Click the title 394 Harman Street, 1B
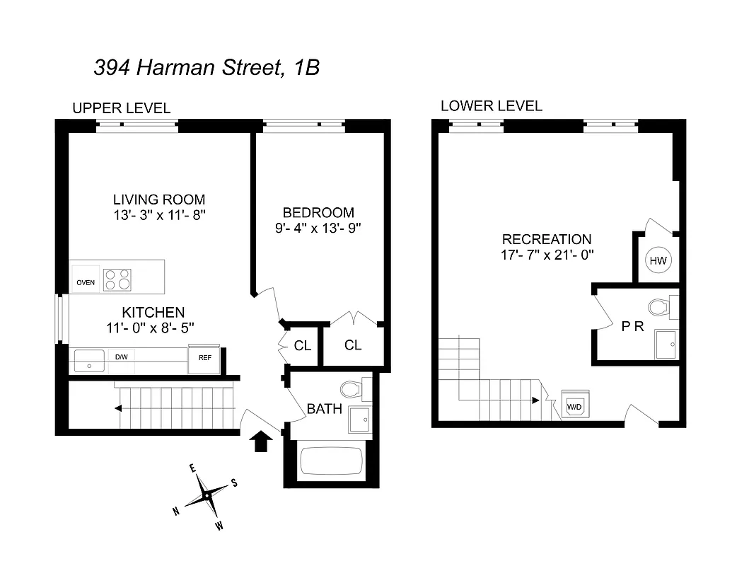tap(207, 68)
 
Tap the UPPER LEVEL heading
tap(121, 108)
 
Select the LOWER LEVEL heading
tap(491, 106)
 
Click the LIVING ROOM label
tap(158, 200)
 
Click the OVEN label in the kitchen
tap(86, 282)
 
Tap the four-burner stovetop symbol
tap(117, 279)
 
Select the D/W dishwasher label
tap(122, 357)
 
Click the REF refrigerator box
tap(204, 358)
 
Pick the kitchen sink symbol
tap(89, 360)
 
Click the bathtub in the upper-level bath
tap(331, 461)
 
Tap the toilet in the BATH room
tap(352, 389)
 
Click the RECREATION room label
tap(547, 239)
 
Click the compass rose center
tap(206, 496)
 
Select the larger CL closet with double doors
tap(353, 345)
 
